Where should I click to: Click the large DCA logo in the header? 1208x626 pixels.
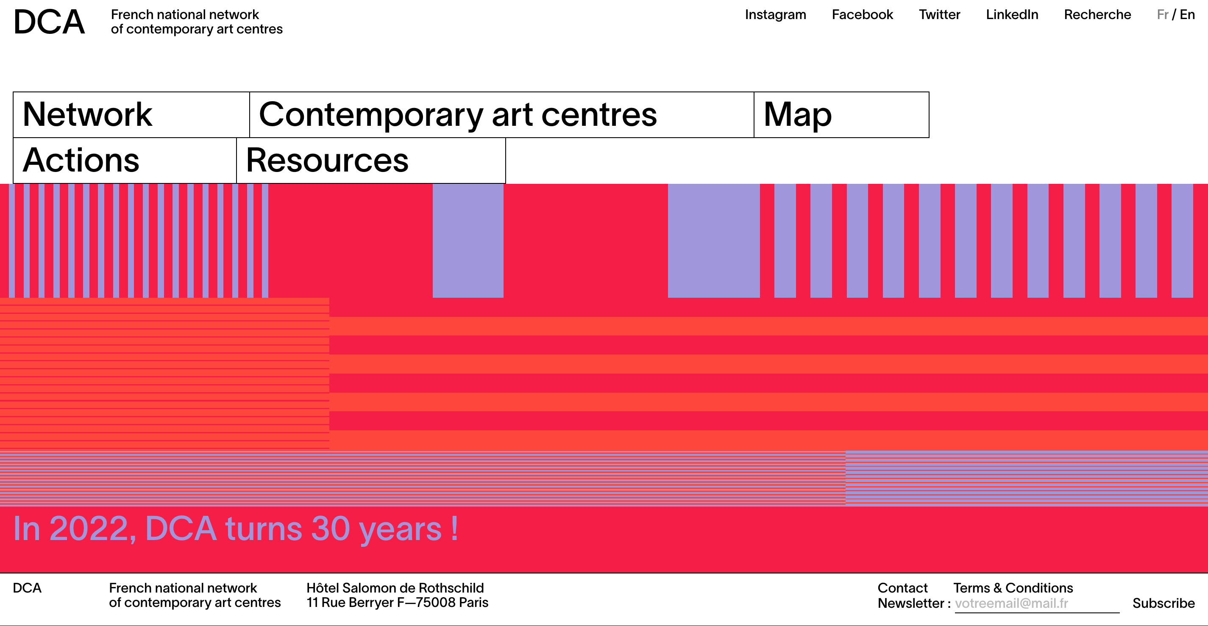(49, 22)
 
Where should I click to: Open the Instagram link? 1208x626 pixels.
(775, 14)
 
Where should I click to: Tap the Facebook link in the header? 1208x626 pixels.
(862, 14)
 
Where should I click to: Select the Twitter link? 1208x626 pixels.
(939, 14)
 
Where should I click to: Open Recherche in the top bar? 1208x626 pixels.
(1097, 14)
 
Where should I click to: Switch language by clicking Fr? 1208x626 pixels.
(1162, 14)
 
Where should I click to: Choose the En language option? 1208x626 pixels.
(1187, 14)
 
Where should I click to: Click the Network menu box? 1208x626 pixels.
(131, 115)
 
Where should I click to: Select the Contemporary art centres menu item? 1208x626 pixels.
(501, 115)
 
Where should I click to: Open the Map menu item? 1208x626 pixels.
(841, 115)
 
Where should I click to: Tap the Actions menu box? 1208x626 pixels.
(125, 160)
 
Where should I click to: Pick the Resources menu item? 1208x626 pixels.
(370, 160)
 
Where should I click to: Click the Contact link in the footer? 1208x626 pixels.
(902, 587)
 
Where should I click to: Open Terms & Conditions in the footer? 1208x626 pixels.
(1013, 587)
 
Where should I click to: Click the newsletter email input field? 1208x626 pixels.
(1036, 603)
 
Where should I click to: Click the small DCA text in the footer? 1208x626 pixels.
(27, 587)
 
